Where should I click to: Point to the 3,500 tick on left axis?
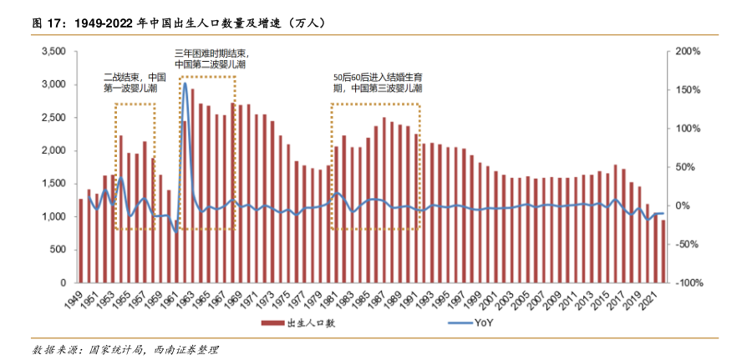point(53,52)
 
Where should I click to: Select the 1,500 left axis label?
point(53,184)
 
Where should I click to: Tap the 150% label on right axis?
point(688,90)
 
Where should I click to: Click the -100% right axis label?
point(688,283)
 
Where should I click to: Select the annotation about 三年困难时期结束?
point(210,58)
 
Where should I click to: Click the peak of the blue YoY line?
point(184,84)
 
